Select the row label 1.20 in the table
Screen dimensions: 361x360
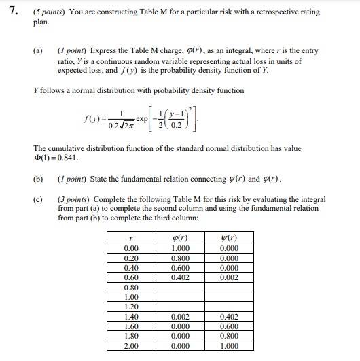130,307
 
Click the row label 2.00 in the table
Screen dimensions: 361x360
130,346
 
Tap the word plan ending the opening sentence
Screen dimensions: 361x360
41,20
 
